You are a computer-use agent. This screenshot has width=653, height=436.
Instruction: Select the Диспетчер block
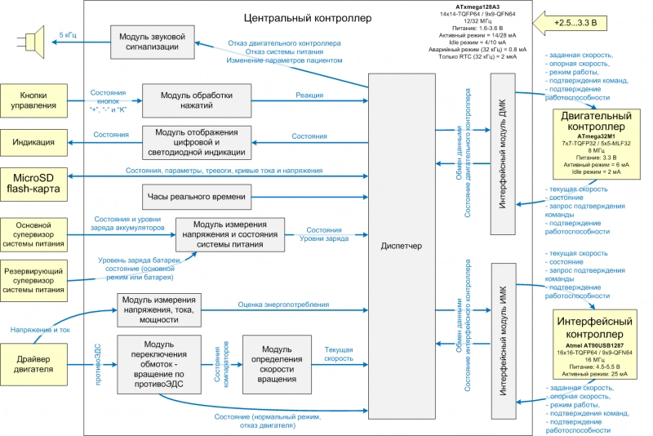pos(402,246)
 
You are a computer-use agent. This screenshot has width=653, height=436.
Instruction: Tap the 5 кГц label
pos(69,35)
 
